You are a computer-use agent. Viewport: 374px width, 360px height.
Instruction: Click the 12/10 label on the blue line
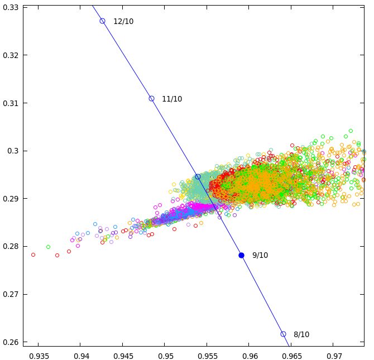tap(123, 22)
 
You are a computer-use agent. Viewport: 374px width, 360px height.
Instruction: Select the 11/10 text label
tap(172, 99)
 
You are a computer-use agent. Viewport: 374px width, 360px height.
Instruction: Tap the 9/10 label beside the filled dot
tap(260, 256)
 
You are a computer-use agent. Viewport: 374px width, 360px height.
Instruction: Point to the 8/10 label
tap(301, 335)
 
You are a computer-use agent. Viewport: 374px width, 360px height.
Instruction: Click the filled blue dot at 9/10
tap(242, 255)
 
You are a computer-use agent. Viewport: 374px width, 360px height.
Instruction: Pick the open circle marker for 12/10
tap(103, 21)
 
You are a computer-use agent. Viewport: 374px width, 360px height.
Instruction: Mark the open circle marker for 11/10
tap(151, 99)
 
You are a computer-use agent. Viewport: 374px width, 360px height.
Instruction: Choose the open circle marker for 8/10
tap(283, 334)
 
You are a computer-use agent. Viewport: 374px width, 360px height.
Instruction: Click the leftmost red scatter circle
tap(33, 255)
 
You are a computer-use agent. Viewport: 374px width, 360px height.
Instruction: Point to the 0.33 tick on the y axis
tap(12, 8)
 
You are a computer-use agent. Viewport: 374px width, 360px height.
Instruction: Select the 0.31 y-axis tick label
tap(12, 103)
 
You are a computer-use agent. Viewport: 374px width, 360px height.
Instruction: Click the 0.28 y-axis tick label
tap(12, 247)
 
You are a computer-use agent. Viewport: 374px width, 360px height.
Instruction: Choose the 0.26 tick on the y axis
tap(12, 342)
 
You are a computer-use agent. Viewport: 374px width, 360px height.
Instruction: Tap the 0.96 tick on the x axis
tap(250, 356)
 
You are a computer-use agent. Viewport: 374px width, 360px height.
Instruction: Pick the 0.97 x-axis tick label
tap(334, 356)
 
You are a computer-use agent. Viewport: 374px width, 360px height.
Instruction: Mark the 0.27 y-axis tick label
tap(12, 294)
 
